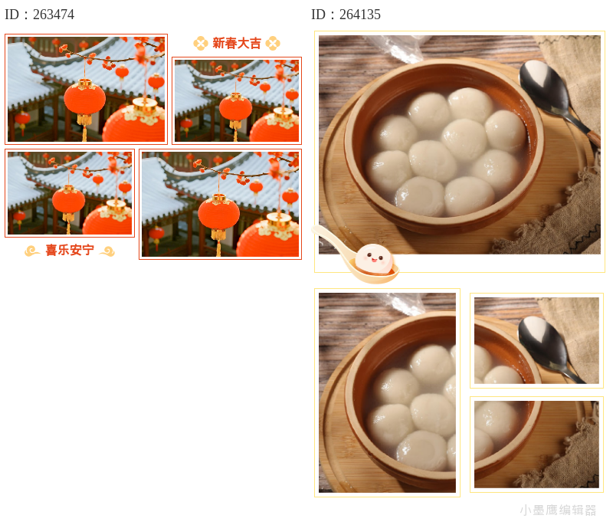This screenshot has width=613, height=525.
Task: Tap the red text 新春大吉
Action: (237, 44)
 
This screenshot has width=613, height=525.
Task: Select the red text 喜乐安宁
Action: (70, 250)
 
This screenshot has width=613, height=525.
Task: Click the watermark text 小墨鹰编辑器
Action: (558, 510)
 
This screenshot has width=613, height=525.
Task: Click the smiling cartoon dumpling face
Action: (374, 259)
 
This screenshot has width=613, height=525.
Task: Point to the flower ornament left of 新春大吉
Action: (201, 44)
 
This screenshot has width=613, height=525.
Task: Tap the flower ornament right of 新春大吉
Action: (273, 44)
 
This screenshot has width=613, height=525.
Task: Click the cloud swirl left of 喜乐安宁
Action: (32, 251)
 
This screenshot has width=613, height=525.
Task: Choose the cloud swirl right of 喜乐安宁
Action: (107, 251)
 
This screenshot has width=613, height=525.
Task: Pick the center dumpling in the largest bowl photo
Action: (464, 139)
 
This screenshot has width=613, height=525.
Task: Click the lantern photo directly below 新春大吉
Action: (237, 101)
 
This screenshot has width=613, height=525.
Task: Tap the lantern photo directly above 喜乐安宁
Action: (70, 193)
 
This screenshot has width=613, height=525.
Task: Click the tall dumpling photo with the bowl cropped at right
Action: (387, 392)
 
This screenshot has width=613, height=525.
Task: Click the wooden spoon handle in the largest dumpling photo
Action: (592, 139)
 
